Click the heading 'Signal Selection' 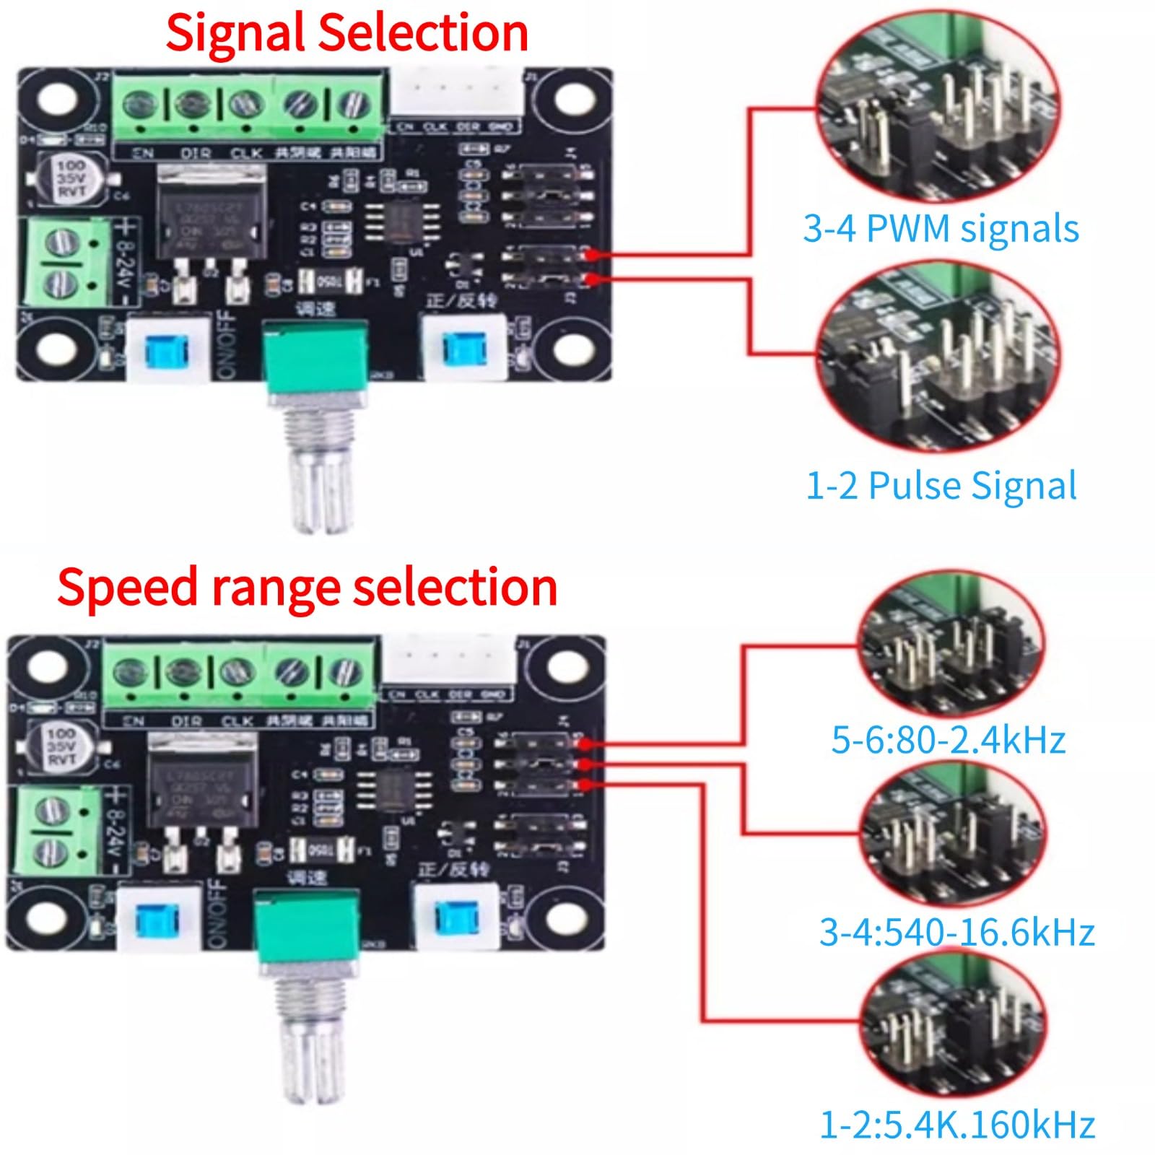point(346,32)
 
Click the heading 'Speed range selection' point(307,587)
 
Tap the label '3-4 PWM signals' point(941,229)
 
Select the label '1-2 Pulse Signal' point(941,485)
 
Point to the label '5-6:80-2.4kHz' point(948,740)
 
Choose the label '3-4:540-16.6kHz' point(956,932)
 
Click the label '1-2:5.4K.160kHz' point(956,1125)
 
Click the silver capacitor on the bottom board point(62,746)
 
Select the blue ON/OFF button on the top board point(166,350)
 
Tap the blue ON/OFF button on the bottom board point(157,919)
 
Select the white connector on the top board point(456,90)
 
